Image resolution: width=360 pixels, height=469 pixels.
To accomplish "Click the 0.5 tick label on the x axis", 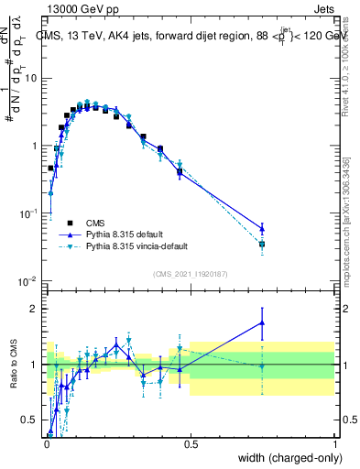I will point(191,443).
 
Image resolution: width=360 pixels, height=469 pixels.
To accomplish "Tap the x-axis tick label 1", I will point(335,443).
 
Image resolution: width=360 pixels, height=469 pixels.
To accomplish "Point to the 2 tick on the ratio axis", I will point(35,309).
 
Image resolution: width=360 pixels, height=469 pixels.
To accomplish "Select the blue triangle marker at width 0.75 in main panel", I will point(263,229).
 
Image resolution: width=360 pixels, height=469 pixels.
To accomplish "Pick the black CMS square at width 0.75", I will point(263,245).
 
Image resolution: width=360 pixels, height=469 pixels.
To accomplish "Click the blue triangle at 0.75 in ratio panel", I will point(263,322).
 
